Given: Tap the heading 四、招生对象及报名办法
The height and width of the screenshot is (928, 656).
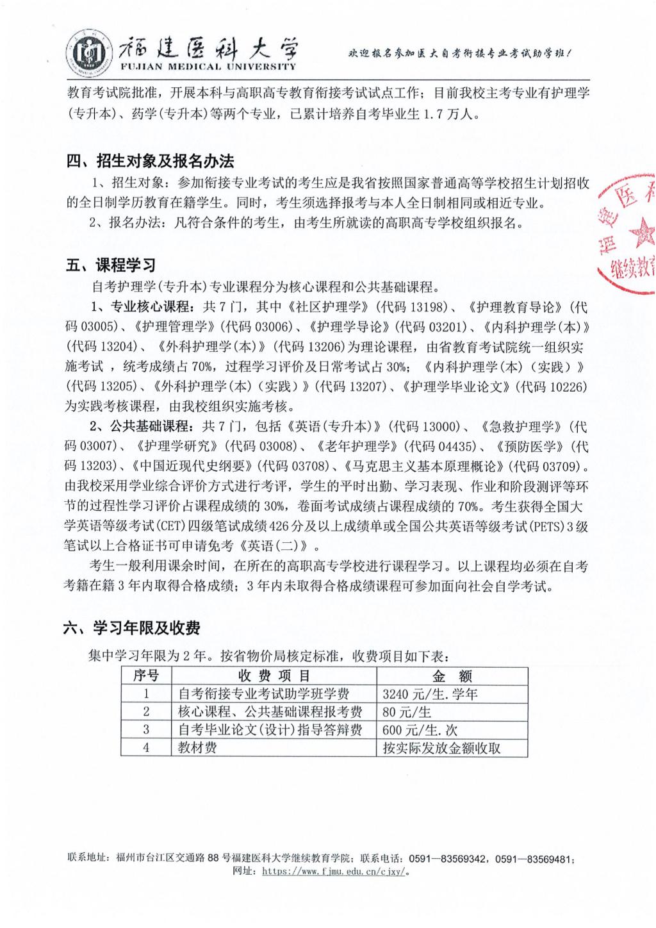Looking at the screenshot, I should coord(151,162).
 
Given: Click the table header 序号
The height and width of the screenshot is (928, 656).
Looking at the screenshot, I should coord(146,675).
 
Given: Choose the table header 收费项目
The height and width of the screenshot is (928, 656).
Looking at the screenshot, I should coord(274,675).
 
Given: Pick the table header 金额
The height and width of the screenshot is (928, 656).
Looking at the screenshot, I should coord(452,675).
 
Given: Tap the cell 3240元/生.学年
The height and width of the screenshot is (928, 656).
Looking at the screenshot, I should coord(430,693).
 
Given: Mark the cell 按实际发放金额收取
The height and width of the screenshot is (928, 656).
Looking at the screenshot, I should coord(441,747).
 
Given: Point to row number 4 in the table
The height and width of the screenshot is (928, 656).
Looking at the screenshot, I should coord(146,747).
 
